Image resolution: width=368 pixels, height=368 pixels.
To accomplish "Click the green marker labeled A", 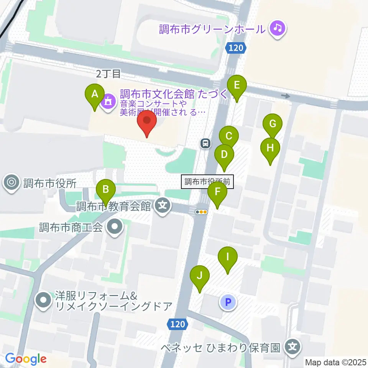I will coord(95,94).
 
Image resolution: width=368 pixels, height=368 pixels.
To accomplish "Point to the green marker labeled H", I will coord(270,148).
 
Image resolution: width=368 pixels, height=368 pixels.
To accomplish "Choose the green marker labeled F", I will coord(217,191).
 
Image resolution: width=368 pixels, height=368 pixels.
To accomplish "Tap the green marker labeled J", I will coord(200,276).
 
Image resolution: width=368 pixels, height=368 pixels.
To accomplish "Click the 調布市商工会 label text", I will coord(71,227).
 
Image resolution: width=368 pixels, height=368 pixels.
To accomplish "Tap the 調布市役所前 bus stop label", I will coord(207,182).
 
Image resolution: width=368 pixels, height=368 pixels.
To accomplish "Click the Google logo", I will coord(26,359).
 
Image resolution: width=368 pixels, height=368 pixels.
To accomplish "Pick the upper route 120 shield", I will coord(234,48).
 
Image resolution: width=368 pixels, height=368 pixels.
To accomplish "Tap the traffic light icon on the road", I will coord(201,212).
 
